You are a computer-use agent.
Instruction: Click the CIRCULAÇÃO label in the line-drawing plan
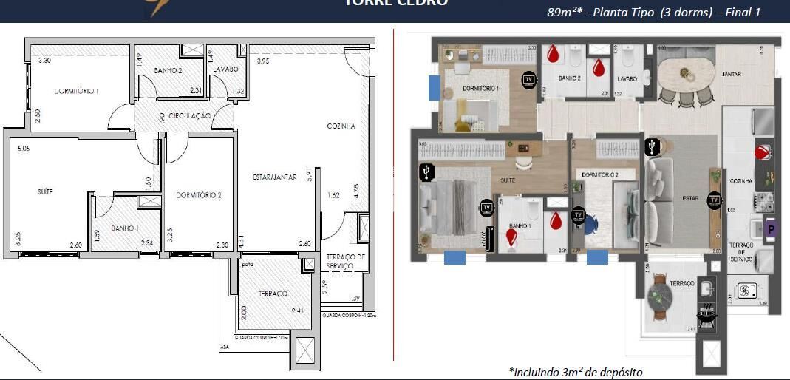(x=190, y=116)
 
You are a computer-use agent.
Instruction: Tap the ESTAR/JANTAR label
(x=274, y=177)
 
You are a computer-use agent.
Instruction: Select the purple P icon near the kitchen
(x=770, y=229)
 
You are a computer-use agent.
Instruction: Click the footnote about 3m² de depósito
(x=576, y=371)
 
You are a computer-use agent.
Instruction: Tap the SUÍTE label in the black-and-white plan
(x=46, y=191)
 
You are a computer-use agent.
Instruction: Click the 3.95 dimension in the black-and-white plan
(x=262, y=61)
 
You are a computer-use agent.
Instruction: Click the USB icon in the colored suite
(x=426, y=173)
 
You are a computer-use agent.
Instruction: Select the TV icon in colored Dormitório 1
(x=528, y=78)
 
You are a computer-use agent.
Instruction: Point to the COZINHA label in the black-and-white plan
(x=341, y=126)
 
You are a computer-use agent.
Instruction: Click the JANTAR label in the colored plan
(x=732, y=75)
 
